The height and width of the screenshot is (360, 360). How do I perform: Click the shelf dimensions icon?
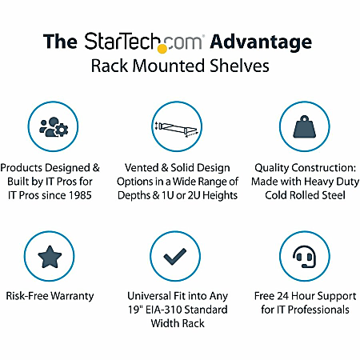[180, 127]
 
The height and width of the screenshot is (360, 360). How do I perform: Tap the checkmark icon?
[180, 258]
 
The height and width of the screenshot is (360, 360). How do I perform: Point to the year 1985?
[88, 196]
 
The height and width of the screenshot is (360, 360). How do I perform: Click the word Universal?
[150, 296]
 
